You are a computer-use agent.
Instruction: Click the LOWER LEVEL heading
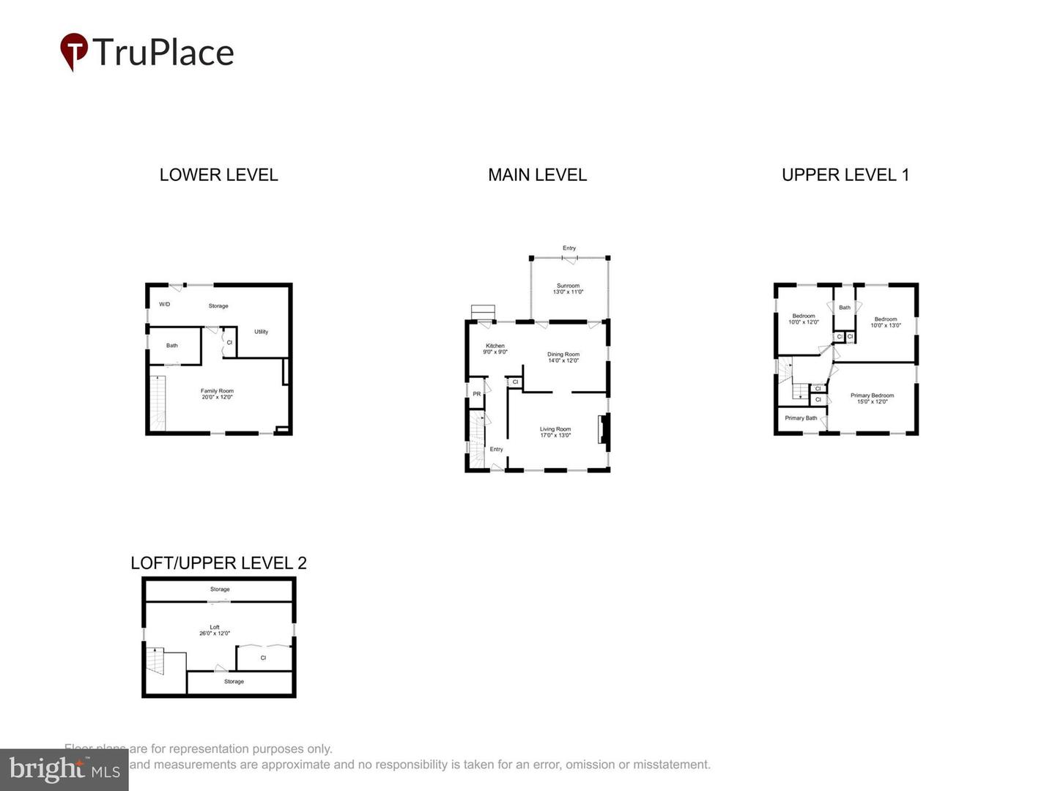(218, 175)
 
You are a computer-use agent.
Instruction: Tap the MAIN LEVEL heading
(537, 175)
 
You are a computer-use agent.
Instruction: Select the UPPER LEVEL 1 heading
(845, 175)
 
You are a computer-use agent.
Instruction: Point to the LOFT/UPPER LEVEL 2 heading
(218, 562)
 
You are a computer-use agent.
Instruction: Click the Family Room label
(217, 394)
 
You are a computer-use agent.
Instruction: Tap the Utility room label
(261, 332)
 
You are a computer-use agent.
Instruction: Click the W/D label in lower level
(165, 304)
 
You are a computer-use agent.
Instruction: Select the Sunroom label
(568, 289)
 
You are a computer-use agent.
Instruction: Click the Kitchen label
(495, 349)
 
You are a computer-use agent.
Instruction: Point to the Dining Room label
(563, 357)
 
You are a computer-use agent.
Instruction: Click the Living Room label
(555, 432)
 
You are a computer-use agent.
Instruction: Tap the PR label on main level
(477, 394)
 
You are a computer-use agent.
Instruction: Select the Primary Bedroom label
(872, 398)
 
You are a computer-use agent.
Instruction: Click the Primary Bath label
(801, 418)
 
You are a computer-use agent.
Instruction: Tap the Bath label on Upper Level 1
(845, 308)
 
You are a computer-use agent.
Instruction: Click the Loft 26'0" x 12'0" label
(215, 630)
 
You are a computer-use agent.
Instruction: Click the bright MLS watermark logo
(64, 769)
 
